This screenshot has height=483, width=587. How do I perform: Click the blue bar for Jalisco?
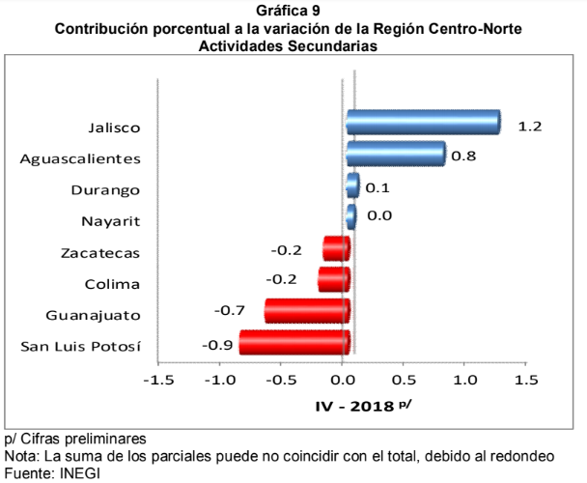tap(423, 123)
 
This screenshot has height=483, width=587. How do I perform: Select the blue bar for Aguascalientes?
tap(396, 154)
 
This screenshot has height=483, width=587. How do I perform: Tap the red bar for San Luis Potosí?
tap(293, 343)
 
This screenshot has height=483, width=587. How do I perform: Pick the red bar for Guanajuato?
tap(306, 311)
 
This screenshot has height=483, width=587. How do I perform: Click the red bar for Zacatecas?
tap(336, 249)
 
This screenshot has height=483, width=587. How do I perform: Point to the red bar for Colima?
tap(333, 280)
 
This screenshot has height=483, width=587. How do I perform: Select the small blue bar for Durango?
tap(352, 185)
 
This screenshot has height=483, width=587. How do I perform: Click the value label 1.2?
tap(529, 127)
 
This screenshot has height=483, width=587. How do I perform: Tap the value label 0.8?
tap(463, 155)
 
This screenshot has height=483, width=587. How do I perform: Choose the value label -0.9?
tap(216, 342)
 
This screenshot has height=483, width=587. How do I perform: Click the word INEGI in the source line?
tap(79, 473)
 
